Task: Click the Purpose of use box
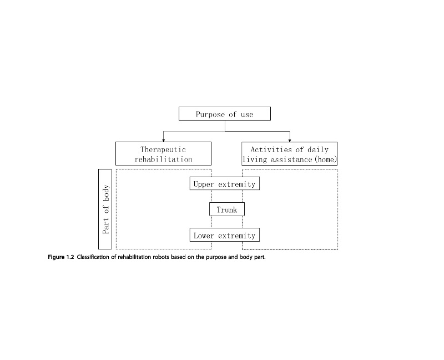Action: [224, 114]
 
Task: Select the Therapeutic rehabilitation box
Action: [163, 154]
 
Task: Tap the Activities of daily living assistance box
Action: [289, 154]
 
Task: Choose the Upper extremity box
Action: [224, 183]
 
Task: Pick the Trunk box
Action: [226, 209]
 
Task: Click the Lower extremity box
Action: [224, 235]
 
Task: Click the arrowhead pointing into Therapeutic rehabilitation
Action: [163, 139]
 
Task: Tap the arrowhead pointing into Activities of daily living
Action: [289, 139]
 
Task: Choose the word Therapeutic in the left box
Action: [163, 149]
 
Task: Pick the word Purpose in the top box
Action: [210, 114]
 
